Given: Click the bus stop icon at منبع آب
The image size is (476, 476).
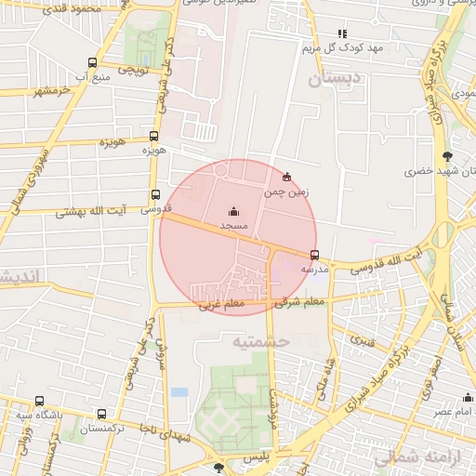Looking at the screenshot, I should [x=91, y=63].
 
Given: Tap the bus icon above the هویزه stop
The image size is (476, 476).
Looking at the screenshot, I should [x=153, y=135].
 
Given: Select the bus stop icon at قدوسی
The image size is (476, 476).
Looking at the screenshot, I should [x=155, y=195].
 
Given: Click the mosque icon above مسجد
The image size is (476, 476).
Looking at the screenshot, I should [x=232, y=211].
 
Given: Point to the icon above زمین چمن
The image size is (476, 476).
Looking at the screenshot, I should [x=286, y=177].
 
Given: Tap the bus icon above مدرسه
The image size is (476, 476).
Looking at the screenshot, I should [x=314, y=254].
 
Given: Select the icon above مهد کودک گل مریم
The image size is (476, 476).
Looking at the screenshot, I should [x=342, y=33].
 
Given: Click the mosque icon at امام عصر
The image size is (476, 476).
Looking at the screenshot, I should [x=468, y=398].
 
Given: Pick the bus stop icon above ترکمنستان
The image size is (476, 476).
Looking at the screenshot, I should [x=101, y=415].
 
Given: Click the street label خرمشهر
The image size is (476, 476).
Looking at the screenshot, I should [x=52, y=91].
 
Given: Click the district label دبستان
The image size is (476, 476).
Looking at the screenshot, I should [x=331, y=81].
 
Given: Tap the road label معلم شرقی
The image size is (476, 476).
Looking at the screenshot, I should [x=300, y=300].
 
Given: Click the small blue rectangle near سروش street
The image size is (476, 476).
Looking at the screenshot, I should [x=179, y=391].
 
